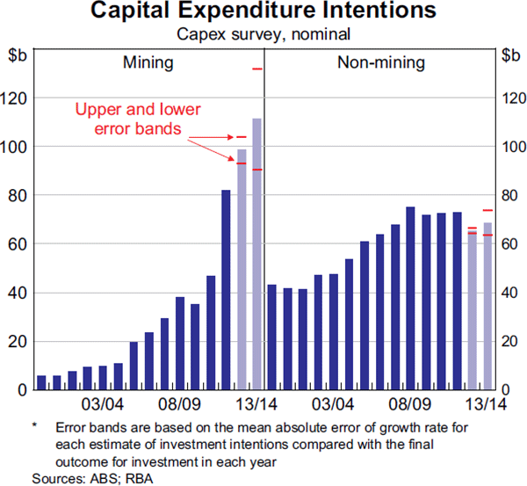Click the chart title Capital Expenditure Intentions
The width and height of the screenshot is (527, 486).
click(263, 12)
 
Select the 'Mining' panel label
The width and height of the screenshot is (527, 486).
click(148, 63)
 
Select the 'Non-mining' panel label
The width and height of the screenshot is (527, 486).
click(381, 63)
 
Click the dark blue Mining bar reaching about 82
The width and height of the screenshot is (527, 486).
click(226, 290)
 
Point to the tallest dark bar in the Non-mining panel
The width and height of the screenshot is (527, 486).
click(410, 299)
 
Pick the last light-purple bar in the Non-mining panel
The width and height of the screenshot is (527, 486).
click(487, 306)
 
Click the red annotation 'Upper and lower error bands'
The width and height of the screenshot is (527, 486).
click(138, 120)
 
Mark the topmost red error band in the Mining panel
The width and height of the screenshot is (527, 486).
click(257, 69)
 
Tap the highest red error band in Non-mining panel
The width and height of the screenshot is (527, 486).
click(487, 211)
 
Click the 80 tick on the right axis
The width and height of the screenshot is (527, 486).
click(509, 195)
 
